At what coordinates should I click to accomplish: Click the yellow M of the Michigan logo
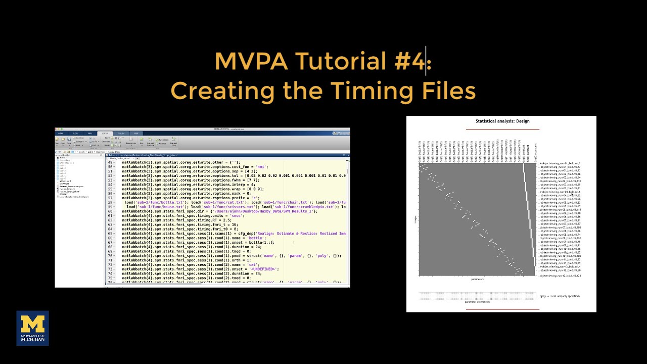pyautogui.click(x=32, y=324)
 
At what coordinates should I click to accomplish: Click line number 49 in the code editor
pyautogui.click(x=110, y=162)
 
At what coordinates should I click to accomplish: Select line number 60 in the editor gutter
pyautogui.click(x=110, y=211)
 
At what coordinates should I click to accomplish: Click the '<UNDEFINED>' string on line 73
pyautogui.click(x=262, y=269)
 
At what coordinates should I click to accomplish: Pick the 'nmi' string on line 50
pyautogui.click(x=261, y=167)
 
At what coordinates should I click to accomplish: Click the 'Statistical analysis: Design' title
pyautogui.click(x=502, y=121)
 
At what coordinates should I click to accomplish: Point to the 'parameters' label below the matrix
pyautogui.click(x=477, y=279)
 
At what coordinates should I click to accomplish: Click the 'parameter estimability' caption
pyautogui.click(x=477, y=302)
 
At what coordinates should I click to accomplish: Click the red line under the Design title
pyautogui.click(x=502, y=129)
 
